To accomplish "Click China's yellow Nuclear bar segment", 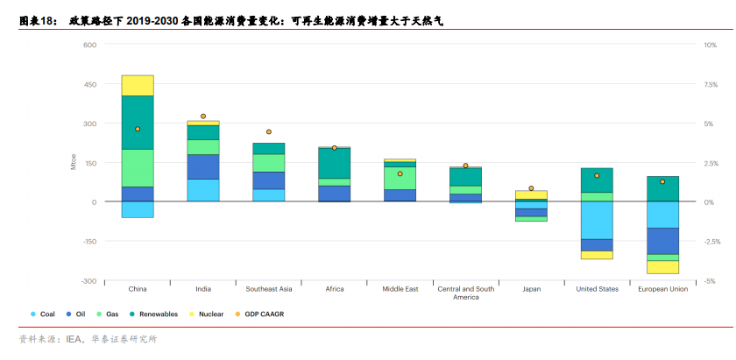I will point(138,85).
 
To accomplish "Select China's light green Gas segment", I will point(138,167).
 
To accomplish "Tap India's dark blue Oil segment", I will point(203,166).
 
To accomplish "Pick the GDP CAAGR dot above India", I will point(203,116).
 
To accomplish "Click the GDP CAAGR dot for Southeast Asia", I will point(269,132).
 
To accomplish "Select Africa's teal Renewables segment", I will point(334,163).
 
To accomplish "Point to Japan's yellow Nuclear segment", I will point(531,194).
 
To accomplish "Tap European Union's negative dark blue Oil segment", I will point(662,241).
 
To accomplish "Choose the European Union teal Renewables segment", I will point(662,188).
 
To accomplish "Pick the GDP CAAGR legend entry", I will point(263,314).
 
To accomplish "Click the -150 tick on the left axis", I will point(88,242).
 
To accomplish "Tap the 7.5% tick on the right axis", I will point(711,84).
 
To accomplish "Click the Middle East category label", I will point(400,289).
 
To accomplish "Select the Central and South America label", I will point(465,293).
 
